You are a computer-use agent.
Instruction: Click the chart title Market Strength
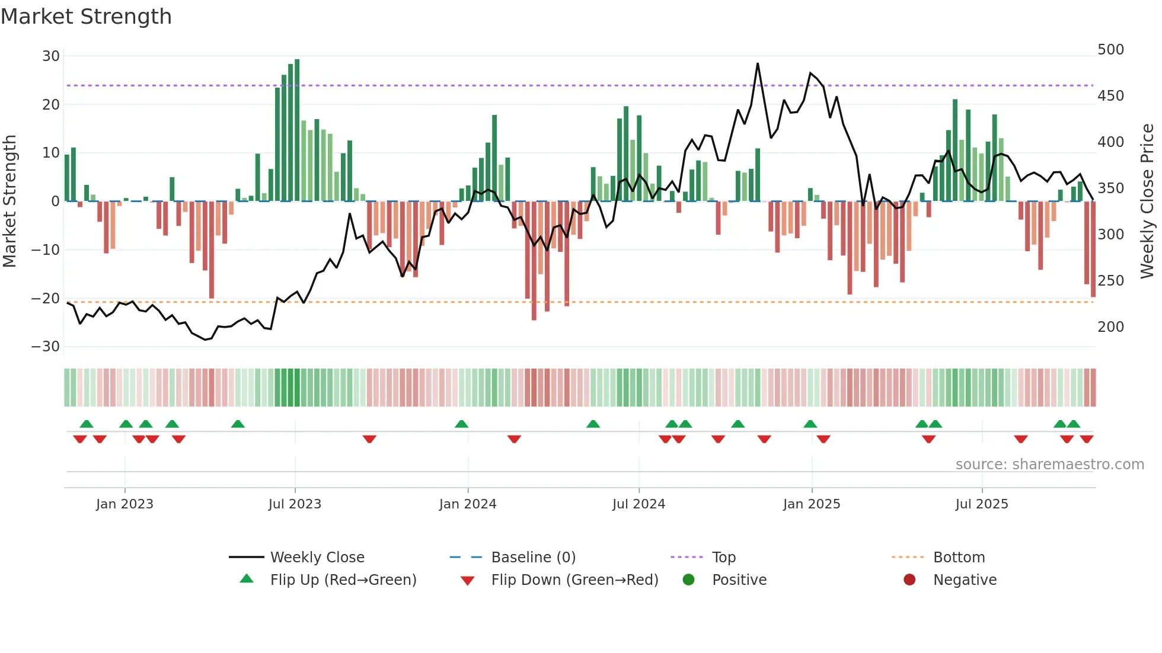86,17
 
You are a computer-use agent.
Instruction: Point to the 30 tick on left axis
51,56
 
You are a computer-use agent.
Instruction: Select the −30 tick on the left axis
46,347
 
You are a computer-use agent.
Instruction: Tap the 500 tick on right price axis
1110,50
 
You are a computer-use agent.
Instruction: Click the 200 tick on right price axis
1110,327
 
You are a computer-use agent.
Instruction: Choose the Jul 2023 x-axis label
295,504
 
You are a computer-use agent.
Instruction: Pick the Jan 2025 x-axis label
811,504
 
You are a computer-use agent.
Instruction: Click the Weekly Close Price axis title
1148,201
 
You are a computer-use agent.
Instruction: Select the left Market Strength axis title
9,201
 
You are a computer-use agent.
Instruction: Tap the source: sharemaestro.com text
1049,465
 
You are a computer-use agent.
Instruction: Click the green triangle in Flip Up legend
247,579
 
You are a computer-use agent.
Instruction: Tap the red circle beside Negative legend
909,580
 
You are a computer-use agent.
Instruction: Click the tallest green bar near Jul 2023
297,130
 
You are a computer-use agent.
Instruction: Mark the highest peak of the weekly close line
758,63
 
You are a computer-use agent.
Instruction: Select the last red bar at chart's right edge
1093,249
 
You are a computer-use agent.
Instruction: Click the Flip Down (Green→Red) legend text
574,580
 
